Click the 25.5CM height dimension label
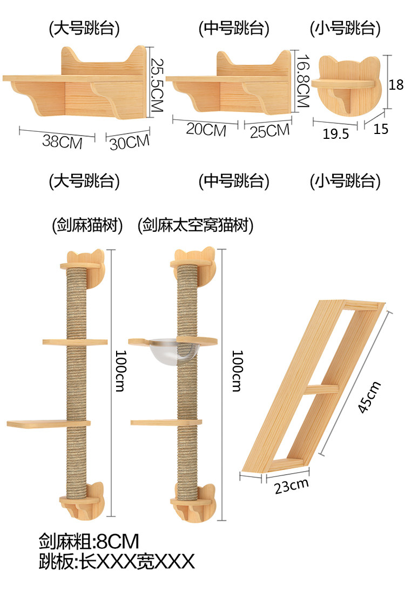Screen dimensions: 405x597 [x=156, y=85]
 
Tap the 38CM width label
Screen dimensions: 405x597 [x=63, y=142]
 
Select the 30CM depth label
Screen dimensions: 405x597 [x=130, y=142]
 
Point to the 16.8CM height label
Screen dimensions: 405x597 [x=303, y=81]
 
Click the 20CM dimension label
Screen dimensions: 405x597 [x=206, y=130]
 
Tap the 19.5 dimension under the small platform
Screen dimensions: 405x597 [x=336, y=134]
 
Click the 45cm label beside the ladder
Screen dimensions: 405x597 [x=369, y=397]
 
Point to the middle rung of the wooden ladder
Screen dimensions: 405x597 [x=322, y=389]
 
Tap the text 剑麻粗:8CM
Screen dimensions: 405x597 [x=89, y=541]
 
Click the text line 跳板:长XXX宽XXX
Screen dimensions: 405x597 [x=117, y=561]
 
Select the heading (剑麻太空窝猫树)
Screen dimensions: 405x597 [x=195, y=225]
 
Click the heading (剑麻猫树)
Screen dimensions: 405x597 [x=87, y=225]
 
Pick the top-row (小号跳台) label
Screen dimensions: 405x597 [x=345, y=29]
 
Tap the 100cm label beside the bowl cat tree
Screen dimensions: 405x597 [x=237, y=371]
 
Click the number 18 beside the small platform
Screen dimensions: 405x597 [x=396, y=84]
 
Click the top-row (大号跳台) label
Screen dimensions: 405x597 [x=84, y=29]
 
